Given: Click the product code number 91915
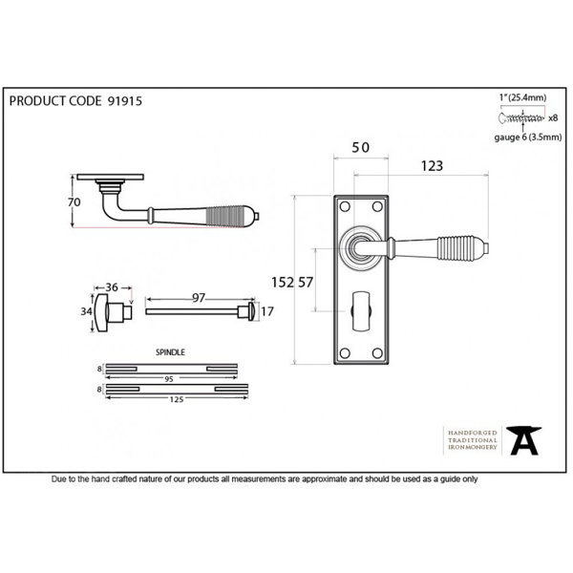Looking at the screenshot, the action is tap(124, 101).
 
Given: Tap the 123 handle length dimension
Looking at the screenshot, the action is tap(432, 166).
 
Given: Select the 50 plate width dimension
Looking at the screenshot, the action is tap(360, 148).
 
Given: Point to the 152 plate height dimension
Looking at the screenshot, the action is tap(283, 282).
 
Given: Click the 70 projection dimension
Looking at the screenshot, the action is tap(74, 202).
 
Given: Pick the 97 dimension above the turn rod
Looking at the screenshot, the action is tap(199, 298).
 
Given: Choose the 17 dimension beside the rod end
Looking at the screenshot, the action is tap(266, 311).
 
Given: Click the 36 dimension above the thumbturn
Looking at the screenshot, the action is tap(112, 287).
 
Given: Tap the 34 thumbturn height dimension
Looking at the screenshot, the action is tap(86, 311).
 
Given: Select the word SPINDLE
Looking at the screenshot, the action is tap(170, 352).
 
